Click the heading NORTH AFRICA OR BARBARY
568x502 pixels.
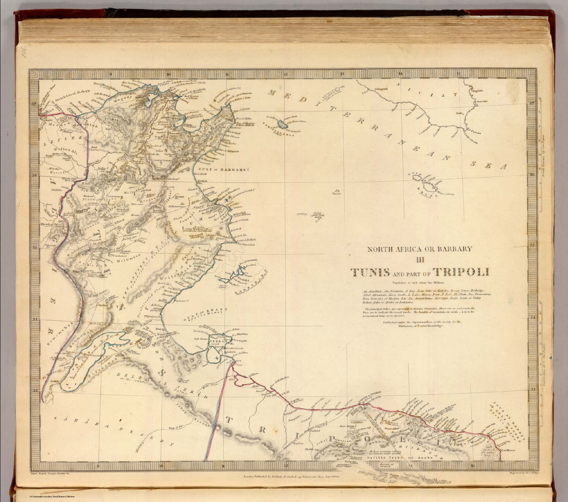tap(419, 249)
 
